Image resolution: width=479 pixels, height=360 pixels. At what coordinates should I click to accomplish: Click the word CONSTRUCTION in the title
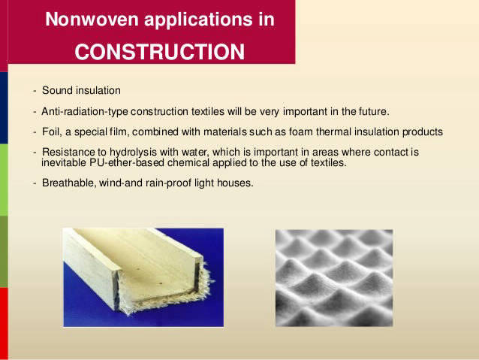160,52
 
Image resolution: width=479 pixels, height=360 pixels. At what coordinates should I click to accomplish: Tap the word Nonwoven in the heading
92,19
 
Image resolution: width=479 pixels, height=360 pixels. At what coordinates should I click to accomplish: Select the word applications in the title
198,20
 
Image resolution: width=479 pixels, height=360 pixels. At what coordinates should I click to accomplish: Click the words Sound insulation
81,90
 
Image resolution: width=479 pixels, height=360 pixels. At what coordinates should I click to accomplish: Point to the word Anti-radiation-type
85,111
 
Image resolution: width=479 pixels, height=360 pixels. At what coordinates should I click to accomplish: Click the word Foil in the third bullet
52,132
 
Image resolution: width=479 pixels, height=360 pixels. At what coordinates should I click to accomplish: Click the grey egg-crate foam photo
334,278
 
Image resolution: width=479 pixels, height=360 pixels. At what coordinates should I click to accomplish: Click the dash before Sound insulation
35,90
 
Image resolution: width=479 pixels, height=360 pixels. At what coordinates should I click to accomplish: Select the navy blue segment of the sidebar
4,108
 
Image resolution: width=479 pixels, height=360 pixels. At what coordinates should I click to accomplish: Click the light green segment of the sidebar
4,180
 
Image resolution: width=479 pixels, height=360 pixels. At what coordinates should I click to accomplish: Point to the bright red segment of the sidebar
4,323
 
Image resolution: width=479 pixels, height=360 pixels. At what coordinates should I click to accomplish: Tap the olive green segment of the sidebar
4,252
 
